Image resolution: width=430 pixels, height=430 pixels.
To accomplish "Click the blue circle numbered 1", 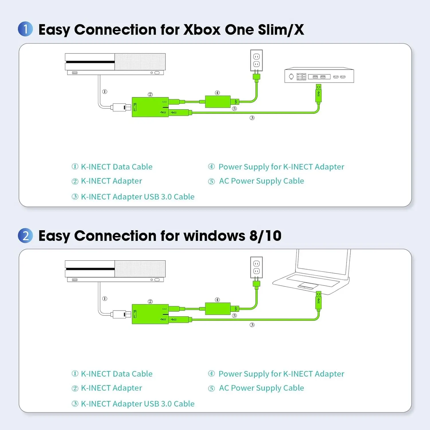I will [x=25, y=29].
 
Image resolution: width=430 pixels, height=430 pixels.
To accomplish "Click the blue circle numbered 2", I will [x=25, y=236].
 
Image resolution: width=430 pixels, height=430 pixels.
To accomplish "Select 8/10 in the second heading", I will [x=265, y=236].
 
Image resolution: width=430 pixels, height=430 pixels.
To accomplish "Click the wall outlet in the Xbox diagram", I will [x=256, y=60].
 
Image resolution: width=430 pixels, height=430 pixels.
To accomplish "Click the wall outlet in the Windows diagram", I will [x=256, y=267].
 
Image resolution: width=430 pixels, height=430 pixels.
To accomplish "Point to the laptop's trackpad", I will [x=308, y=286].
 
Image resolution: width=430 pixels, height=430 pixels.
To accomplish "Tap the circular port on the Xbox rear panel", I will [x=291, y=77].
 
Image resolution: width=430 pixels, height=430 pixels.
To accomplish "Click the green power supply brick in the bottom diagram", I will [x=218, y=309].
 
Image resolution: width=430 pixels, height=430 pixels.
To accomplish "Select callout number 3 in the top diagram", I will [x=252, y=118].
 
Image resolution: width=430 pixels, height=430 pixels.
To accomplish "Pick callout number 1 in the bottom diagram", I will [x=105, y=299].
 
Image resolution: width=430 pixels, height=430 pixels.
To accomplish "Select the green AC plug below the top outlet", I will [x=256, y=77].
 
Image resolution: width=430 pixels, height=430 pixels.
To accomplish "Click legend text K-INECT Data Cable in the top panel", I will [x=116, y=167].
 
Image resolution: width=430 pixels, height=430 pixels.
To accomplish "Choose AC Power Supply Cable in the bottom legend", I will [x=261, y=388].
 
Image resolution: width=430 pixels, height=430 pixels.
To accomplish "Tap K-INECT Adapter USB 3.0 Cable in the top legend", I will [x=137, y=197].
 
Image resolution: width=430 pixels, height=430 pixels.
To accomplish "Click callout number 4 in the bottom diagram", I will [x=217, y=300].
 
